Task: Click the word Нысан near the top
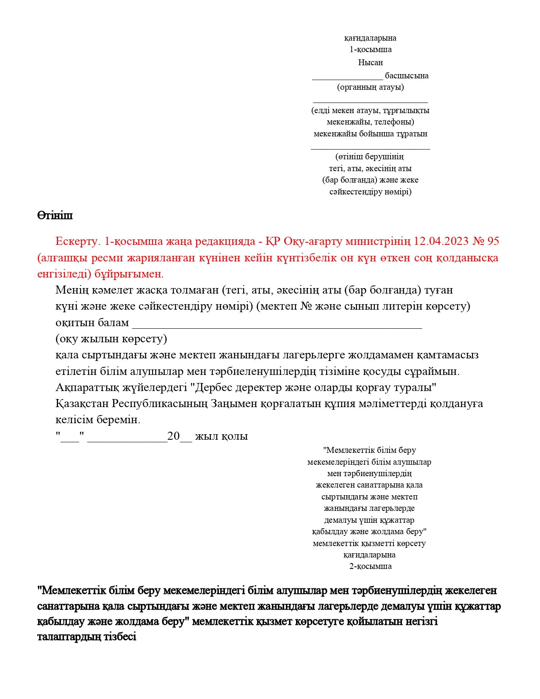370,62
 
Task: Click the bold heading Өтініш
55,215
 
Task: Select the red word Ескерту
77,241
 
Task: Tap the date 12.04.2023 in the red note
441,241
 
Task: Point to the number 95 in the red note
493,241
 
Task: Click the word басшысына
407,76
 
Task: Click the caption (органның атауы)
370,87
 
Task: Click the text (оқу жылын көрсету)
111,339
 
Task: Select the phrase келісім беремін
97,420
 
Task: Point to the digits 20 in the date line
174,436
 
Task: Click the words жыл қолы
222,436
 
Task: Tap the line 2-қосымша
370,566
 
